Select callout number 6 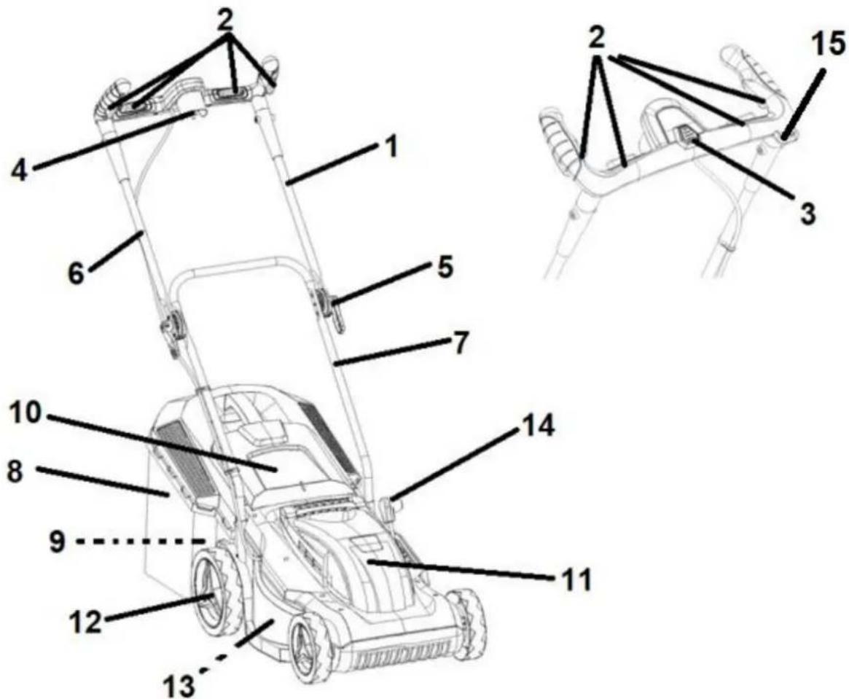(77, 273)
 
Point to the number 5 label (445, 268)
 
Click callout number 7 (460, 344)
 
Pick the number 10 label (25, 413)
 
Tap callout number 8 (15, 472)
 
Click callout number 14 (539, 426)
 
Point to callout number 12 (85, 622)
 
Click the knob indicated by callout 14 (391, 509)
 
